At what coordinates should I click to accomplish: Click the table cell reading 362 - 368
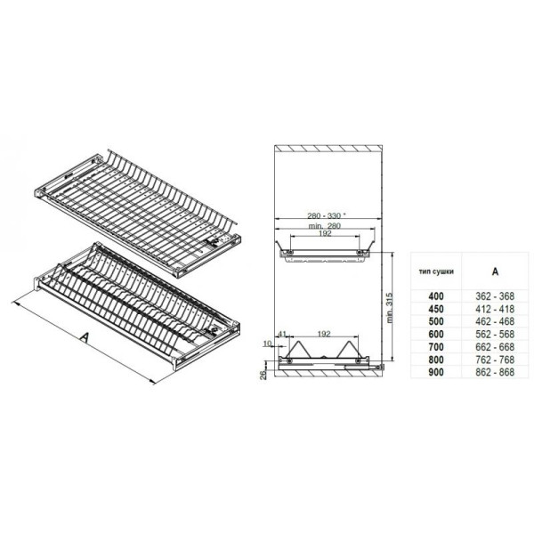495,296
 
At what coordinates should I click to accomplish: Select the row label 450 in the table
436,309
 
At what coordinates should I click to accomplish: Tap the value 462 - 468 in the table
495,321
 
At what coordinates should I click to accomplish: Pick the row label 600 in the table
436,335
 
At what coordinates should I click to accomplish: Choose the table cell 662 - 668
495,347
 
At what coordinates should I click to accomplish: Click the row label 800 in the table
436,360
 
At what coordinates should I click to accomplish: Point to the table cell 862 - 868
495,372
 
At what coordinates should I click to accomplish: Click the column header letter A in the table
495,271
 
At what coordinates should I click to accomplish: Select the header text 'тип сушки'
436,271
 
